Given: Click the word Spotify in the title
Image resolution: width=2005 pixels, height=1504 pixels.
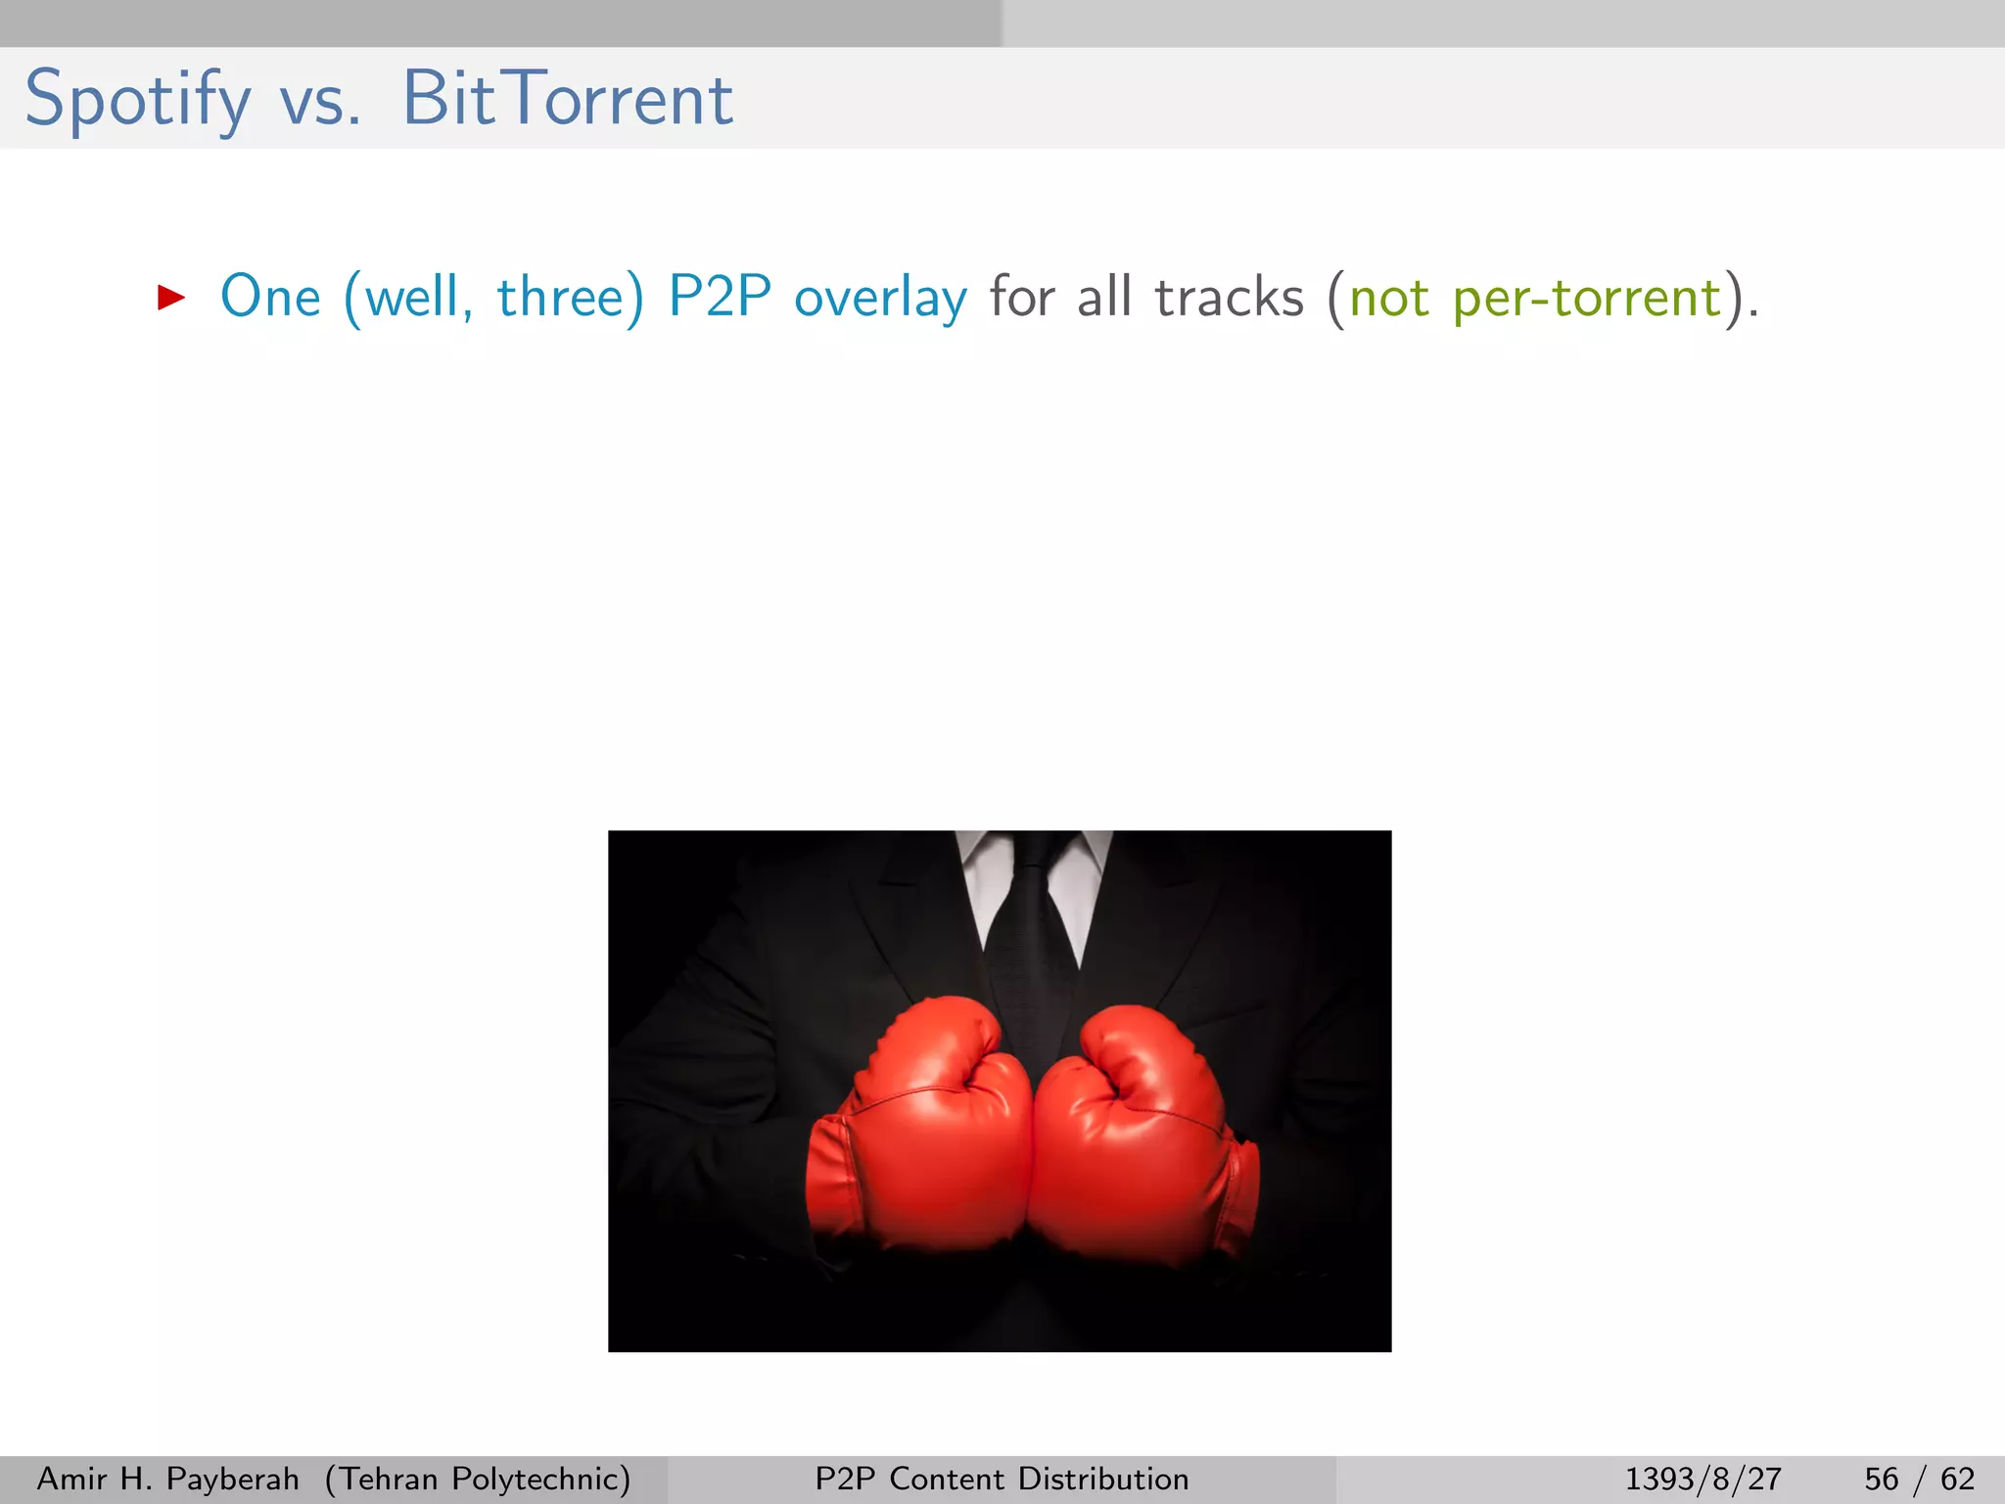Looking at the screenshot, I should [137, 100].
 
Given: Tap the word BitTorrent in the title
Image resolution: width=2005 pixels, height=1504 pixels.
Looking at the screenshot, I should [567, 99].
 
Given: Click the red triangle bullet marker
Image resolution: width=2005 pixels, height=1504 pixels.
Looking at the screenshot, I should [171, 297].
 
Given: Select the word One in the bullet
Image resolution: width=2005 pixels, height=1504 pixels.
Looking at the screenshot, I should [270, 297].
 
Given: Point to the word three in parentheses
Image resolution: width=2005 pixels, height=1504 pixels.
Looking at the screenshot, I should [560, 297].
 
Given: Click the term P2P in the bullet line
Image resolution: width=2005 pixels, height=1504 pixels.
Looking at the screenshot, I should [720, 297].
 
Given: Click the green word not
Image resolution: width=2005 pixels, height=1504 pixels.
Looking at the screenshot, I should [1389, 297].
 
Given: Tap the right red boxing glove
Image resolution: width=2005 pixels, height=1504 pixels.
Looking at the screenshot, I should [1136, 1136].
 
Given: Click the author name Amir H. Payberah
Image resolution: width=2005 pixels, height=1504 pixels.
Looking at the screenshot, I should [167, 1479].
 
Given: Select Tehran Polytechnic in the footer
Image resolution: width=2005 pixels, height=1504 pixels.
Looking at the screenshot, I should [478, 1479].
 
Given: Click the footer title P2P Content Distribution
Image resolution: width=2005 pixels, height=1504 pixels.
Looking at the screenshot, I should [1002, 1479].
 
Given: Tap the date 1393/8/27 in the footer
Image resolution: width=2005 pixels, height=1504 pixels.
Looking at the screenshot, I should [1703, 1479].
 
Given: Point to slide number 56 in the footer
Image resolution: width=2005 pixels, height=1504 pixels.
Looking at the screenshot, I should [1881, 1479].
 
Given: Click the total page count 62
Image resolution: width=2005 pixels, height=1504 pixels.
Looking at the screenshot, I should [1957, 1479].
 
